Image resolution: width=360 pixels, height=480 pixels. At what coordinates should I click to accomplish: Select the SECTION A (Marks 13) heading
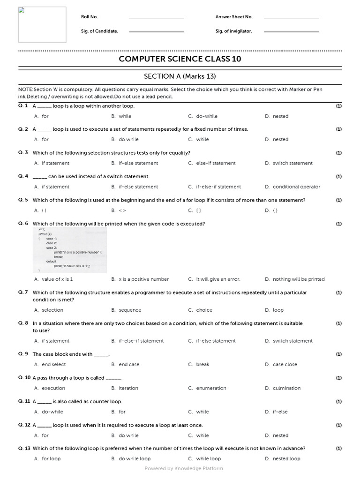point(180,76)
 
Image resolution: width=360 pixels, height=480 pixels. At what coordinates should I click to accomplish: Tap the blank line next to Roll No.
point(157,17)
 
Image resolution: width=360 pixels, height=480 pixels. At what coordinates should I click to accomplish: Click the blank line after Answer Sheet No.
point(291,17)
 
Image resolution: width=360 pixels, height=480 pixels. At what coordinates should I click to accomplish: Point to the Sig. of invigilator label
point(233,31)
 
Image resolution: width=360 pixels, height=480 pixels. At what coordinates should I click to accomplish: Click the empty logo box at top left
point(42,24)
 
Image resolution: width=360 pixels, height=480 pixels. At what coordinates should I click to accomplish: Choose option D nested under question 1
point(280,116)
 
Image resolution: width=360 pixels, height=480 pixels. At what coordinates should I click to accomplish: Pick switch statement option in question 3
point(292,163)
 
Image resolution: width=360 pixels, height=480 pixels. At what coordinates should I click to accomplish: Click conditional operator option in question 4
point(296,187)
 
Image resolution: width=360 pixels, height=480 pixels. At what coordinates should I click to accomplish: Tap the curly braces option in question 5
point(275,210)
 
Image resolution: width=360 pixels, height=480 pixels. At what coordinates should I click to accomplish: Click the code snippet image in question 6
point(70,250)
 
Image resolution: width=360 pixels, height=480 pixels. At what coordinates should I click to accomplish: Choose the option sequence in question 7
point(130,310)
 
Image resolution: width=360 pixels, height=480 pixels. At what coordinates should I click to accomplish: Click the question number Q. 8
point(23,323)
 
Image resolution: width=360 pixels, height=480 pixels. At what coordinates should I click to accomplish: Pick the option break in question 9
point(202,364)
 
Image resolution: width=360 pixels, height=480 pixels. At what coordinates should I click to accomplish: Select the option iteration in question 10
point(128,388)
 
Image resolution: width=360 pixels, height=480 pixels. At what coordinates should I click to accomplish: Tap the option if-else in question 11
point(280,412)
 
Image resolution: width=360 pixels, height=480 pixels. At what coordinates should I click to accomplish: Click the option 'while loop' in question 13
point(208,459)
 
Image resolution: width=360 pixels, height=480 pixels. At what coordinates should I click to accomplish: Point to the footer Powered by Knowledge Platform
point(184,468)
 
